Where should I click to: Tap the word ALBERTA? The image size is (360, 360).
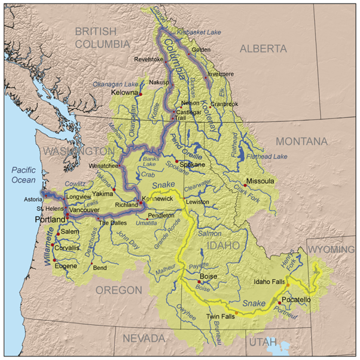[263, 50]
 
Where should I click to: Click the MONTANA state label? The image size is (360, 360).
[301, 141]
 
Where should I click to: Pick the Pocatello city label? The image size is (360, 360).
[296, 299]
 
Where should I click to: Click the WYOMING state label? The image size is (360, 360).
[331, 249]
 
